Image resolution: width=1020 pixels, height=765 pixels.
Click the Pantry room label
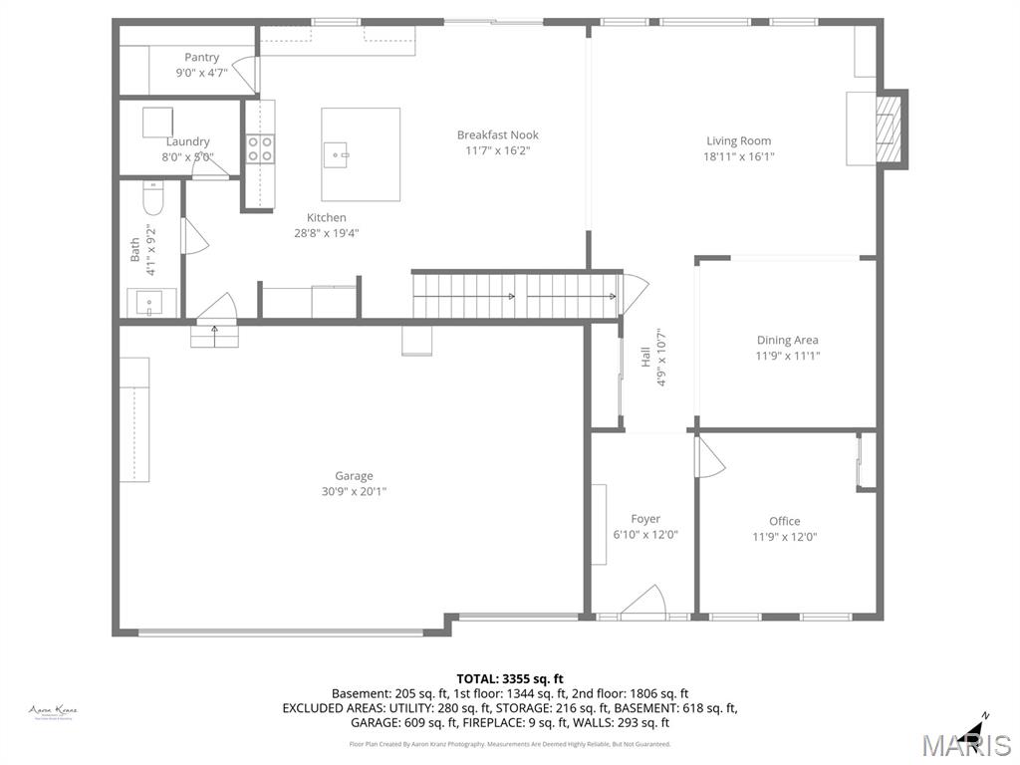(201, 57)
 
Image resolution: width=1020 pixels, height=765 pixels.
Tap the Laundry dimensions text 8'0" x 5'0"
(188, 156)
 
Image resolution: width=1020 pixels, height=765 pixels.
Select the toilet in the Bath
(152, 201)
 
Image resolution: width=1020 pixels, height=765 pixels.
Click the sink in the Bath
(151, 301)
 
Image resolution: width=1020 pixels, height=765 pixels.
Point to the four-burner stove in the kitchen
(260, 148)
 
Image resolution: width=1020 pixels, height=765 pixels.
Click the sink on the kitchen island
(336, 152)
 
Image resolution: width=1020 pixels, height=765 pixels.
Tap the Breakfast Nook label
(497, 134)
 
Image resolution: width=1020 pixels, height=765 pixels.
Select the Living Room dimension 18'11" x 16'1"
(738, 156)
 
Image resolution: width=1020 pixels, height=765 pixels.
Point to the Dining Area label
(787, 340)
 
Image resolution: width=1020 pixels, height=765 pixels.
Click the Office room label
(784, 521)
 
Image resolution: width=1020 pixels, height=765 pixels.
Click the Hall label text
(645, 356)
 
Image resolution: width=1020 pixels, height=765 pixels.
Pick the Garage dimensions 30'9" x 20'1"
(353, 491)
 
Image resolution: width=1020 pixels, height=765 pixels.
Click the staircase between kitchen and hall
(514, 296)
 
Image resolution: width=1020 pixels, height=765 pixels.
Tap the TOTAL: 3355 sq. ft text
(509, 678)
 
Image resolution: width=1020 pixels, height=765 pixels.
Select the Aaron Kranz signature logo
(53, 711)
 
